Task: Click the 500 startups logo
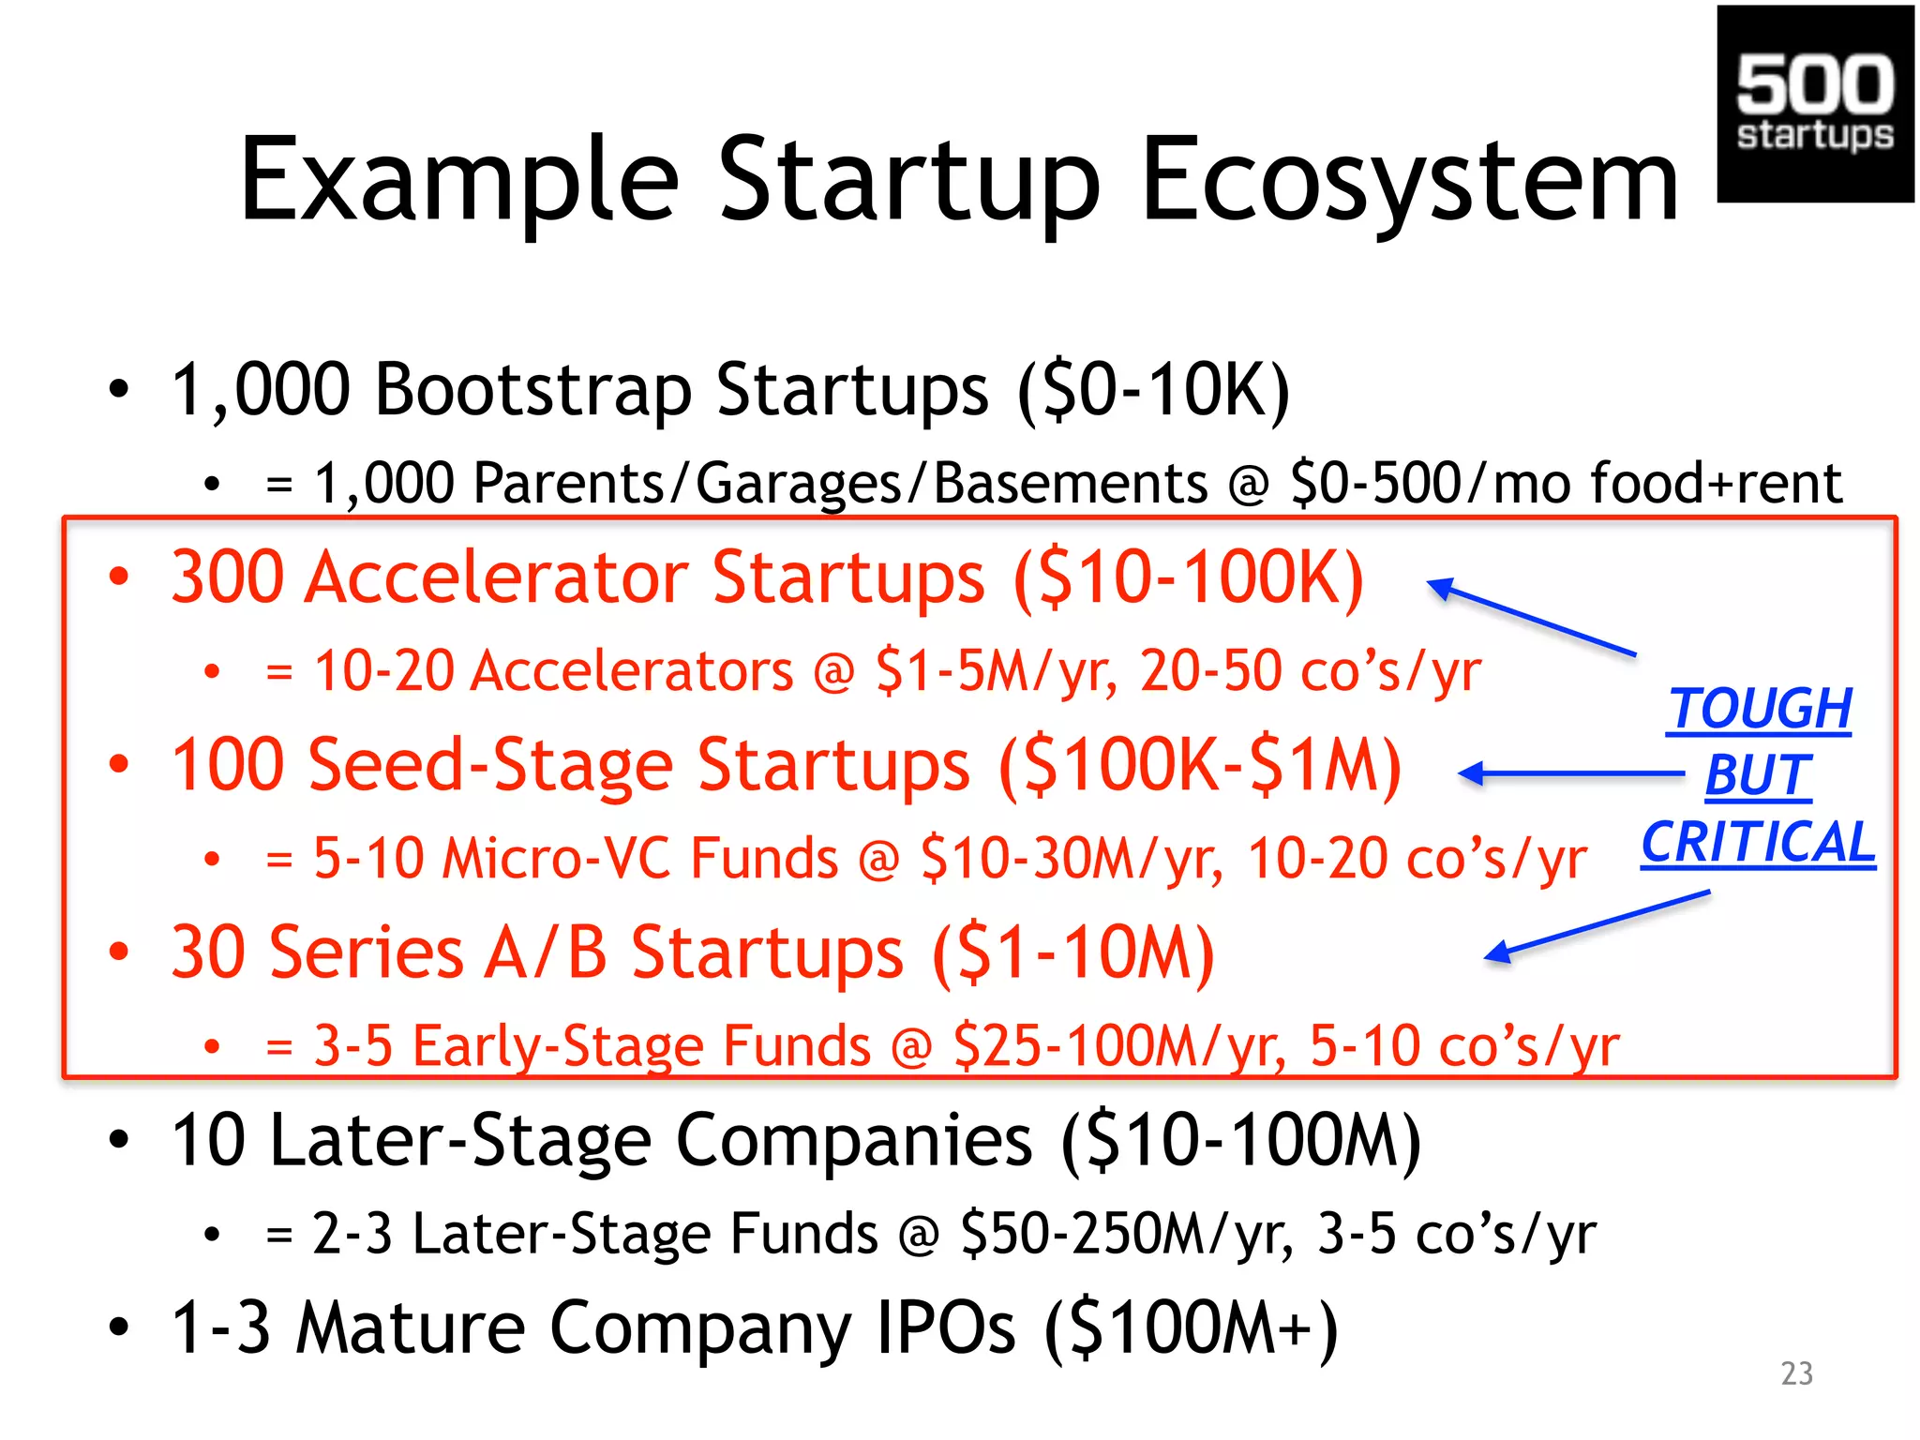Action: click(x=1814, y=103)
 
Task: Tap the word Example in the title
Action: click(x=458, y=180)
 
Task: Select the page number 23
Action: click(x=1796, y=1373)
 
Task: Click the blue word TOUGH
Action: click(x=1760, y=708)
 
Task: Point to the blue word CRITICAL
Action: click(x=1758, y=842)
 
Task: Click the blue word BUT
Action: click(x=1758, y=775)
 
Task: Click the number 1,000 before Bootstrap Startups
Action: click(x=261, y=389)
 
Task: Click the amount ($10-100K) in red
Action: click(x=1188, y=577)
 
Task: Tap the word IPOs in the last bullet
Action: click(x=945, y=1327)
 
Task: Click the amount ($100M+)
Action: click(x=1191, y=1327)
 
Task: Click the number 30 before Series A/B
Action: click(x=208, y=952)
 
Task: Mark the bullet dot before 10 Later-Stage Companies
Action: click(x=118, y=1139)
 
